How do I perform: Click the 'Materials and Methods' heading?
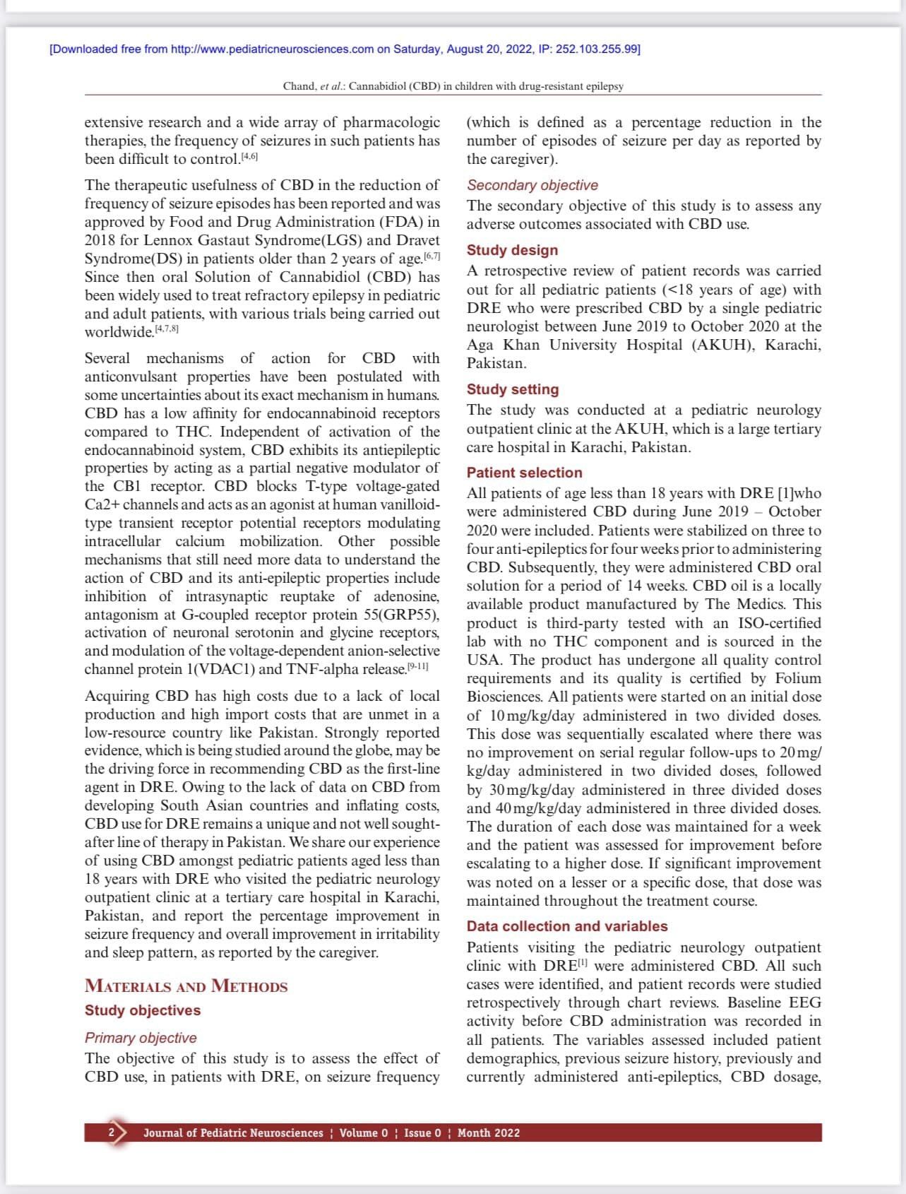(x=186, y=986)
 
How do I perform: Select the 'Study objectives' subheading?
(x=143, y=1010)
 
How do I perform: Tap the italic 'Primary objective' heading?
(x=141, y=1038)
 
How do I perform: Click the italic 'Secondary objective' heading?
(x=532, y=185)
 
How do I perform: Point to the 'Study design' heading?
(x=512, y=250)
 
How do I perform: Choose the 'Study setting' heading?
(x=513, y=389)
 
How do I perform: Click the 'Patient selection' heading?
(x=525, y=473)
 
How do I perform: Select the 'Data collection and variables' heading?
(x=567, y=926)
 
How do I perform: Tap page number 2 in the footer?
(x=111, y=1133)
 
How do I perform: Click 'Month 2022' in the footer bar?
(x=489, y=1133)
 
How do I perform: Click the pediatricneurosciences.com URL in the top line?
(x=272, y=49)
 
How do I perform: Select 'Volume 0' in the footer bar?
(x=364, y=1133)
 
